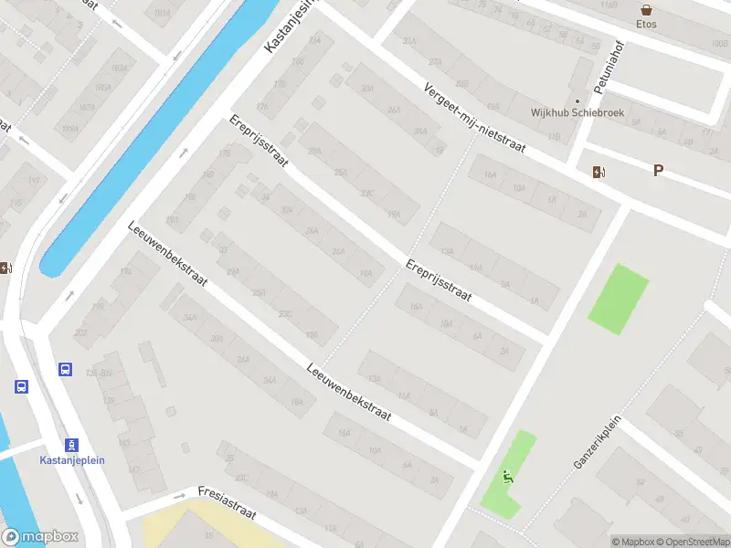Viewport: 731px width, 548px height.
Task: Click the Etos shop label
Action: (x=647, y=25)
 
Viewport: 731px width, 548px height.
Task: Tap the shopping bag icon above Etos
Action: (x=647, y=9)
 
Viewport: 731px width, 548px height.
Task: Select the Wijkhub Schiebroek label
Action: (x=570, y=113)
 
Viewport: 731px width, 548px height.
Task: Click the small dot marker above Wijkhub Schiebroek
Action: (x=577, y=100)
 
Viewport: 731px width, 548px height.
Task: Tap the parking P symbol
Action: (x=658, y=170)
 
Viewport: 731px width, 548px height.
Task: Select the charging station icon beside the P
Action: (x=599, y=172)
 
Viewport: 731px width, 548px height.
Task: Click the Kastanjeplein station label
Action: (x=72, y=459)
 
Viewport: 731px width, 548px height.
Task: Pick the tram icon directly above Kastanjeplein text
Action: (x=72, y=443)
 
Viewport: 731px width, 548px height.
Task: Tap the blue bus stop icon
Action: (x=66, y=370)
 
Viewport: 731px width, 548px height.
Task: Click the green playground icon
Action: (x=507, y=476)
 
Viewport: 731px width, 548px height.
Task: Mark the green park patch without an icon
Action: (x=619, y=298)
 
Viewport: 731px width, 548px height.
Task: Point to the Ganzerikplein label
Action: (x=598, y=439)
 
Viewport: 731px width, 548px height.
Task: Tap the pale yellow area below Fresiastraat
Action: (x=174, y=528)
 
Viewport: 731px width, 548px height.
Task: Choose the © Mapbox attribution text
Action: (x=635, y=542)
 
